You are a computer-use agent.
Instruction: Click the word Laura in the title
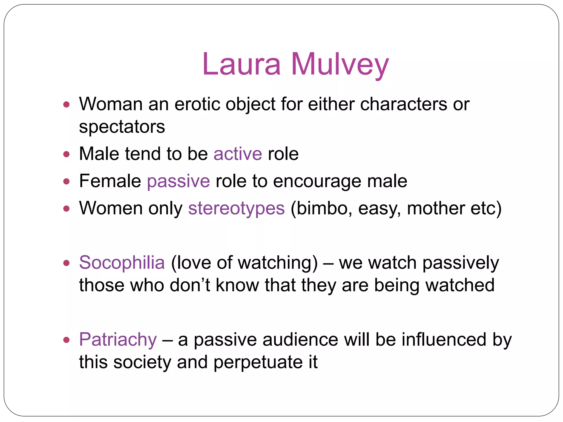(241, 64)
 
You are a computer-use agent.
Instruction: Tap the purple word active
(238, 154)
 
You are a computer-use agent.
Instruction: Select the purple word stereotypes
(236, 209)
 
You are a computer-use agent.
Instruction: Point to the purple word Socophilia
(122, 262)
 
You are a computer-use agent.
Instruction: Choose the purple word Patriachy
(118, 340)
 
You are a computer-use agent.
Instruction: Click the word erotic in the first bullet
(197, 104)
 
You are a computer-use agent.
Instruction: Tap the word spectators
(122, 127)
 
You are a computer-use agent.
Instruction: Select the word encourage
(317, 182)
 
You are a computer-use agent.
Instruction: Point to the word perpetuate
(258, 362)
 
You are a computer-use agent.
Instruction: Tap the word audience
(300, 340)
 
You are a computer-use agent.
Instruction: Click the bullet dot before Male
(66, 154)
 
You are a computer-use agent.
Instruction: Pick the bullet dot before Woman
(66, 105)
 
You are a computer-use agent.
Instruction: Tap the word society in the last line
(142, 362)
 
